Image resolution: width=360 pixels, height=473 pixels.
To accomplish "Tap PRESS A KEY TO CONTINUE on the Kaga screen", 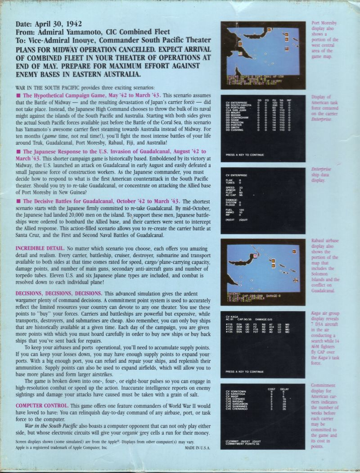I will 244,372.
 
